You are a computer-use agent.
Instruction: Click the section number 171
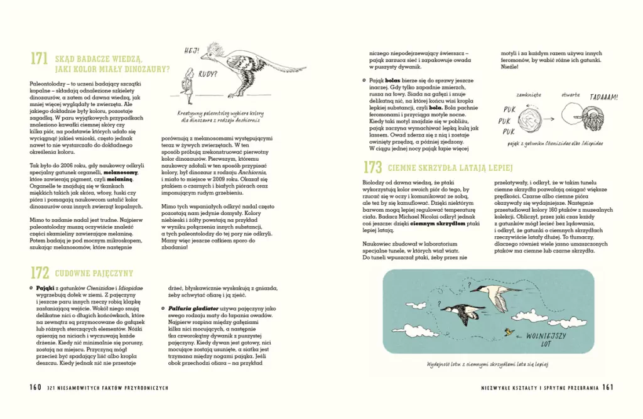(x=39, y=59)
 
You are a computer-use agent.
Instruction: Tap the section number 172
(x=40, y=272)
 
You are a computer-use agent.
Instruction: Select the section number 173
(x=372, y=168)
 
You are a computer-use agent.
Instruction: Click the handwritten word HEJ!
(x=192, y=50)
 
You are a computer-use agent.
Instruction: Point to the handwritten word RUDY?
(x=208, y=73)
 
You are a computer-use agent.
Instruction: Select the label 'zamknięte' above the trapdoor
(x=529, y=94)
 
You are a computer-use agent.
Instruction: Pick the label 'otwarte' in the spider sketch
(x=571, y=94)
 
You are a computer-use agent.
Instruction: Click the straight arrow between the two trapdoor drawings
(x=553, y=118)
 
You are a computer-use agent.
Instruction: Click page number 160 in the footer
(x=36, y=387)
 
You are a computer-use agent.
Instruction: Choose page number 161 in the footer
(x=607, y=387)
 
